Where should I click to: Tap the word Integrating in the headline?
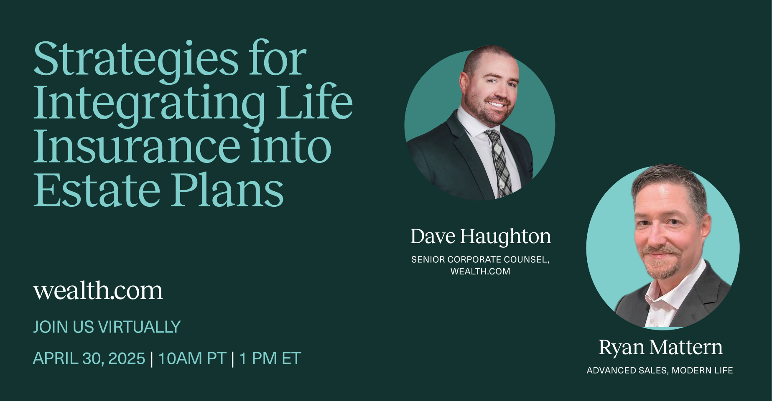pyautogui.click(x=149, y=104)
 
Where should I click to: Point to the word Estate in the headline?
pyautogui.click(x=97, y=190)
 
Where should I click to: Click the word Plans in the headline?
pyautogui.click(x=228, y=190)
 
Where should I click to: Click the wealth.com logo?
pyautogui.click(x=98, y=290)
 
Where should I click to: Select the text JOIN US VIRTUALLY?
pyautogui.click(x=107, y=327)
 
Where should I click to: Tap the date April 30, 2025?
pyautogui.click(x=89, y=358)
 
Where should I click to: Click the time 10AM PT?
pyautogui.click(x=192, y=358)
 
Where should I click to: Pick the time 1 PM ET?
pyautogui.click(x=270, y=358)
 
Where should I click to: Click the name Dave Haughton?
pyautogui.click(x=480, y=236)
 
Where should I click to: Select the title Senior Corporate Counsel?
pyautogui.click(x=480, y=259)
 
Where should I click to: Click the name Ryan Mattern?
pyautogui.click(x=660, y=348)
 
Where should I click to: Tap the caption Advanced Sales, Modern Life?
pyautogui.click(x=660, y=371)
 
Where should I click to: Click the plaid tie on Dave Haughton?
pyautogui.click(x=499, y=161)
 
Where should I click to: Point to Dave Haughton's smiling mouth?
pyautogui.click(x=497, y=103)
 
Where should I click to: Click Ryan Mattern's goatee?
pyautogui.click(x=664, y=263)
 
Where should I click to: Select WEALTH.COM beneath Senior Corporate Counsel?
pyautogui.click(x=480, y=272)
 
